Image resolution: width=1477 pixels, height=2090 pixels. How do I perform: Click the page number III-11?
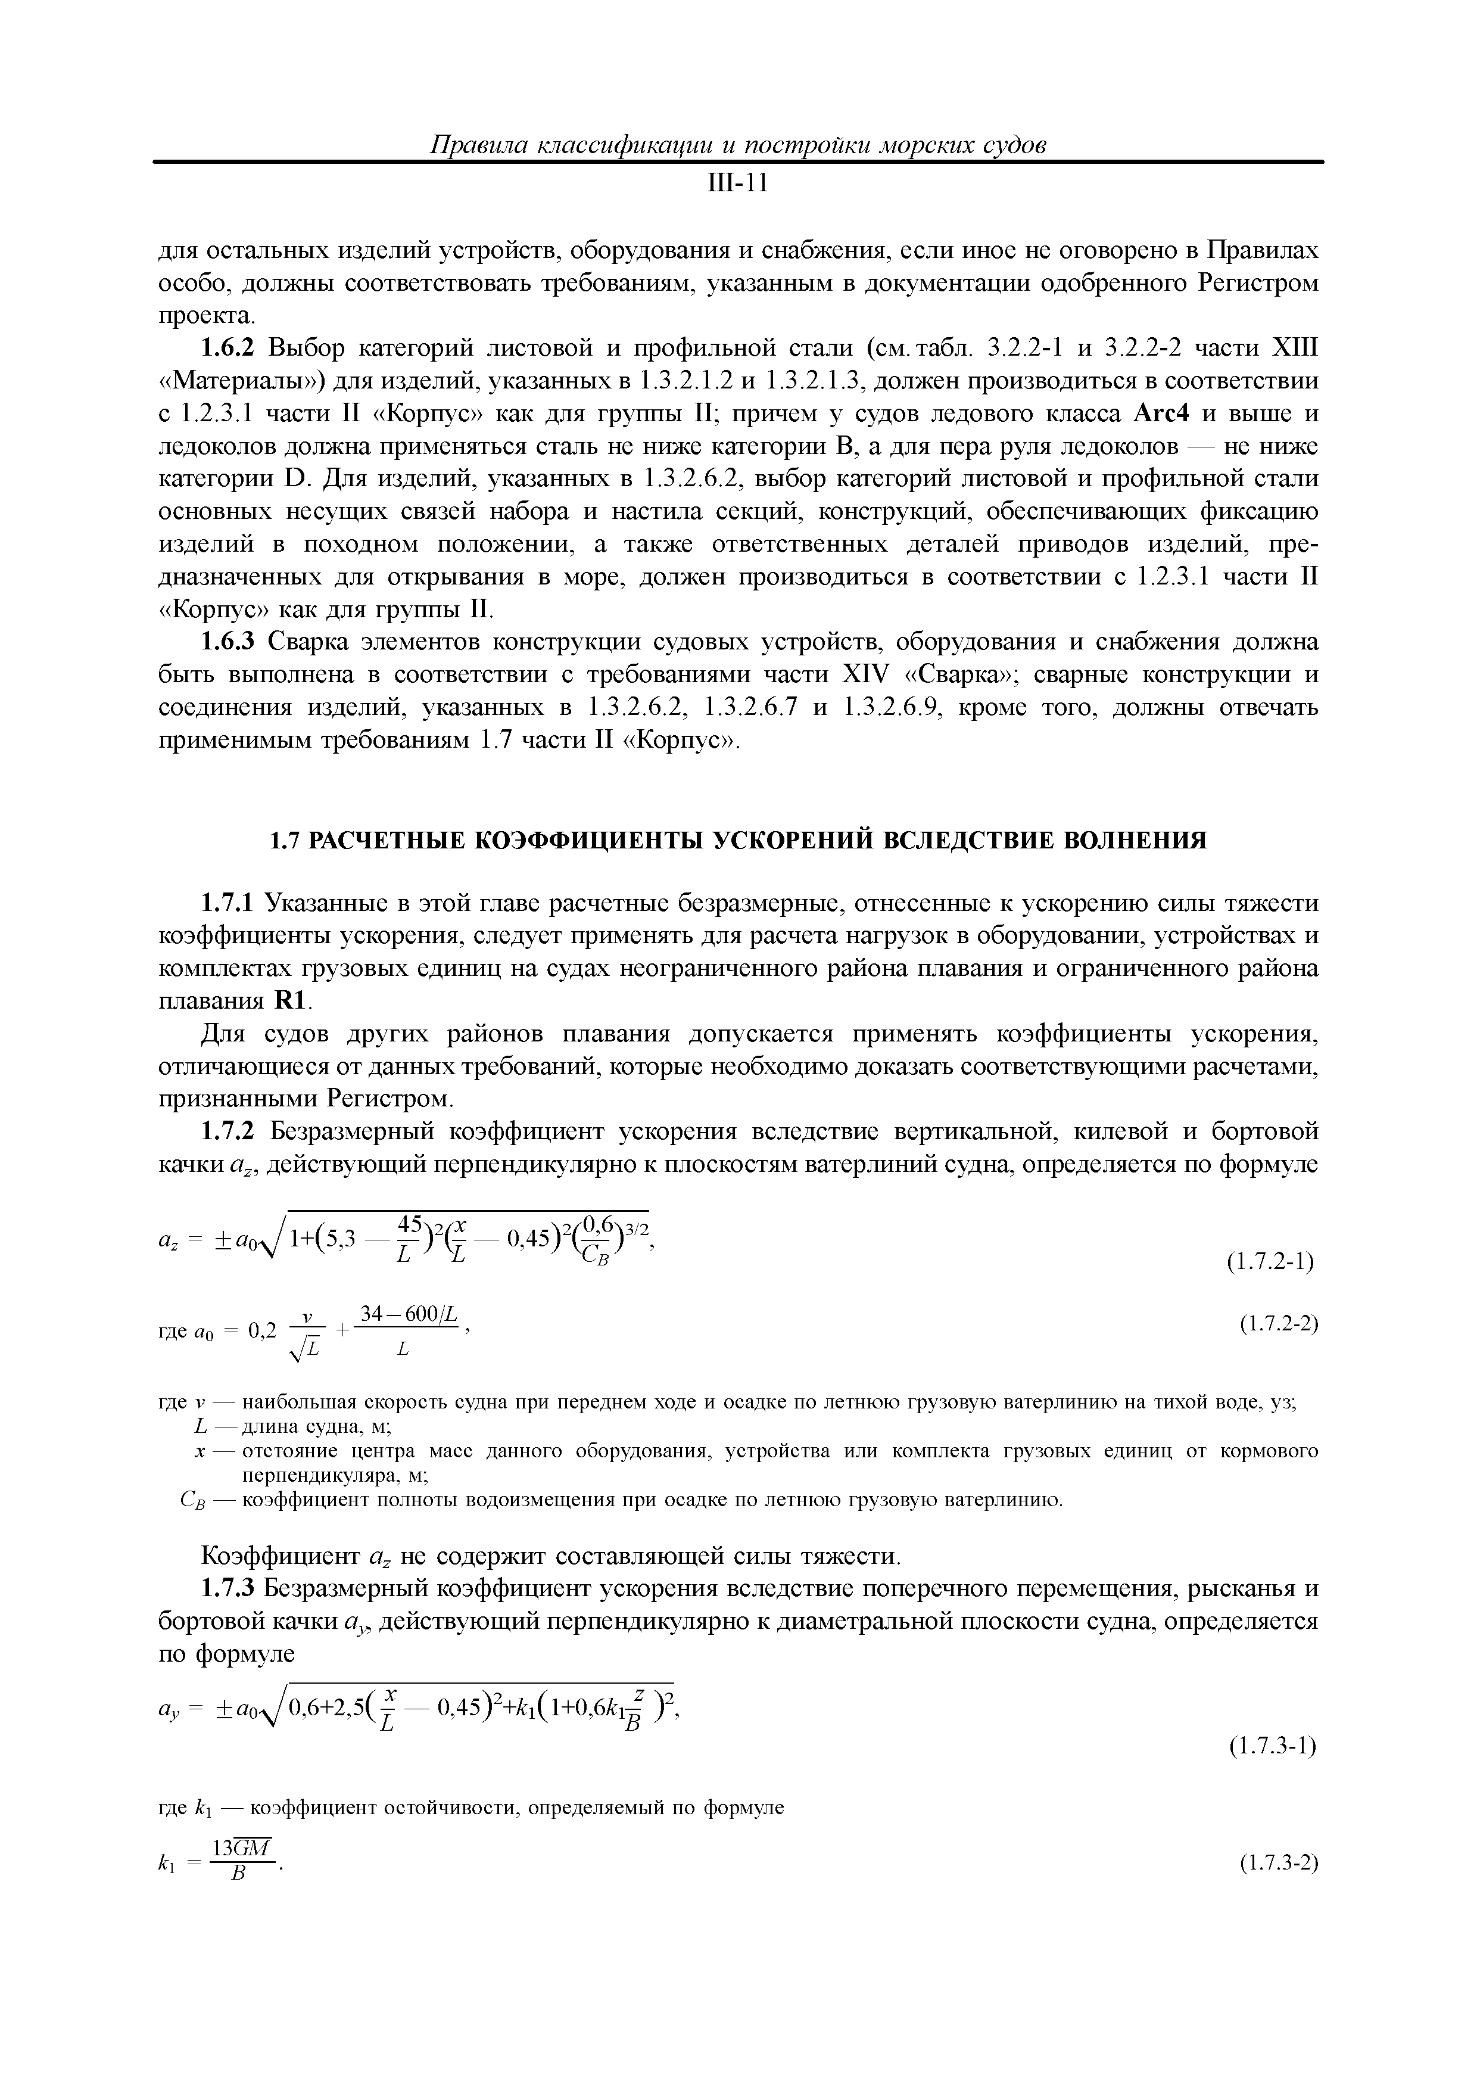pos(738,185)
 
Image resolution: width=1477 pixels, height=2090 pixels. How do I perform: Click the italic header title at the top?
pos(738,145)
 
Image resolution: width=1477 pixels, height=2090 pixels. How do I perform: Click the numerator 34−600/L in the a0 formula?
pos(412,1314)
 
